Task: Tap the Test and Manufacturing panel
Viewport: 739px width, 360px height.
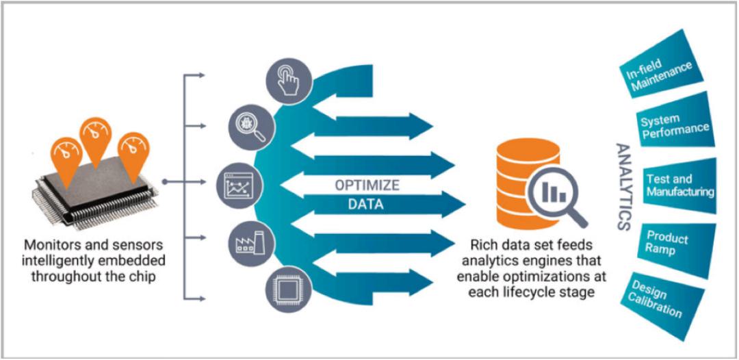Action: pos(679,185)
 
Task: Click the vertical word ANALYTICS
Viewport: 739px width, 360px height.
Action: pos(623,187)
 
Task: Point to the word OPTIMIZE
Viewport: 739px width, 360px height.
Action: pos(367,185)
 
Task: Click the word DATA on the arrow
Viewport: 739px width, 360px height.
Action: pos(365,205)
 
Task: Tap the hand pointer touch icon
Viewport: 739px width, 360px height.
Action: pos(289,81)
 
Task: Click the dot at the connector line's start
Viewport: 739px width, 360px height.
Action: pos(164,181)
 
